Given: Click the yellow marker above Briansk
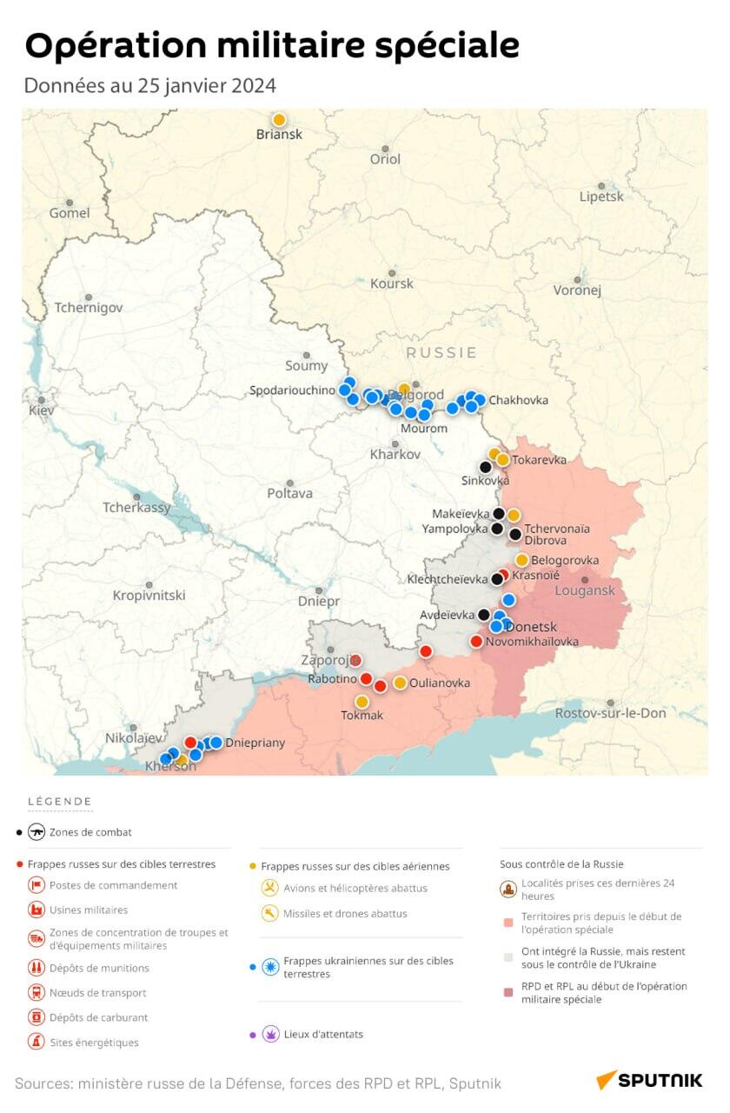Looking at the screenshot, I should (279, 120).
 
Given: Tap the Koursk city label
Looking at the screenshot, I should (392, 283).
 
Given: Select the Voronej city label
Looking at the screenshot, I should (577, 290).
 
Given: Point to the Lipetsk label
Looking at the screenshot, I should (601, 197).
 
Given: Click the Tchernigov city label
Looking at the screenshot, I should (89, 308).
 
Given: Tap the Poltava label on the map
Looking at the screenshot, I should (289, 493).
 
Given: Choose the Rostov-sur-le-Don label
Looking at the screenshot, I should (611, 713).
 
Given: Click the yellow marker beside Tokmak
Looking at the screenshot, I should (362, 702).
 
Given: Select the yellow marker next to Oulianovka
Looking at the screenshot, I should (400, 683).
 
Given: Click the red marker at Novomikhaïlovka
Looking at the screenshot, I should (476, 642).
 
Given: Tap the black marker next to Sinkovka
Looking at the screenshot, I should (486, 467).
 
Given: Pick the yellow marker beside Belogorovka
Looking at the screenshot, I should (521, 560).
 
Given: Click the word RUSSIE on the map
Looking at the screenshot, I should (441, 352).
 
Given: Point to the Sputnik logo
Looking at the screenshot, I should (649, 1080).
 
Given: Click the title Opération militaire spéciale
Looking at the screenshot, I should (272, 45).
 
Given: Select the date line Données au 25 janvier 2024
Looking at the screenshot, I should (149, 86).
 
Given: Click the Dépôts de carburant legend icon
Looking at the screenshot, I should (36, 1017).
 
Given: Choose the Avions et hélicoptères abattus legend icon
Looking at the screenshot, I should (270, 888).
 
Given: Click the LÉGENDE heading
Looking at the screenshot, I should (60, 802).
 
